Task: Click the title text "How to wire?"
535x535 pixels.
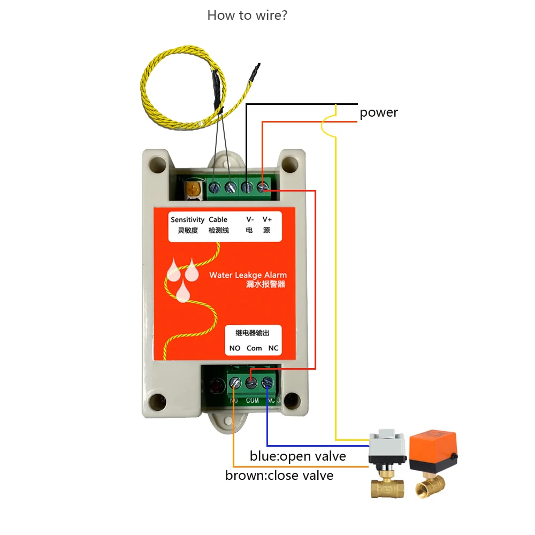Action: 247,15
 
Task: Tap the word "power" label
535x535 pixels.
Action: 379,112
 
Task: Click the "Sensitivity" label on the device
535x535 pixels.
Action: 187,219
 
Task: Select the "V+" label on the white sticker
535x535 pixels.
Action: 266,219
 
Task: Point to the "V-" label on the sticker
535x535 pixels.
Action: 250,219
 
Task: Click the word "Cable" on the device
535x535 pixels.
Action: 218,219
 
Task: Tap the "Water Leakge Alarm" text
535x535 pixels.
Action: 248,275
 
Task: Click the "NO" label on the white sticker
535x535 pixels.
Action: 235,348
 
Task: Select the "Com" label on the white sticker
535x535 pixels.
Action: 254,348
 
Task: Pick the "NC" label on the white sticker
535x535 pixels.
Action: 273,348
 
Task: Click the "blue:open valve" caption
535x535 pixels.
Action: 297,456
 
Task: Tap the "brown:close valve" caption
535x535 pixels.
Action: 279,475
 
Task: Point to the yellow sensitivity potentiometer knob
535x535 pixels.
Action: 192,189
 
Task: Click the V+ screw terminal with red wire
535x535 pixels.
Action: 263,187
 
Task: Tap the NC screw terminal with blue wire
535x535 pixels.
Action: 267,382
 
